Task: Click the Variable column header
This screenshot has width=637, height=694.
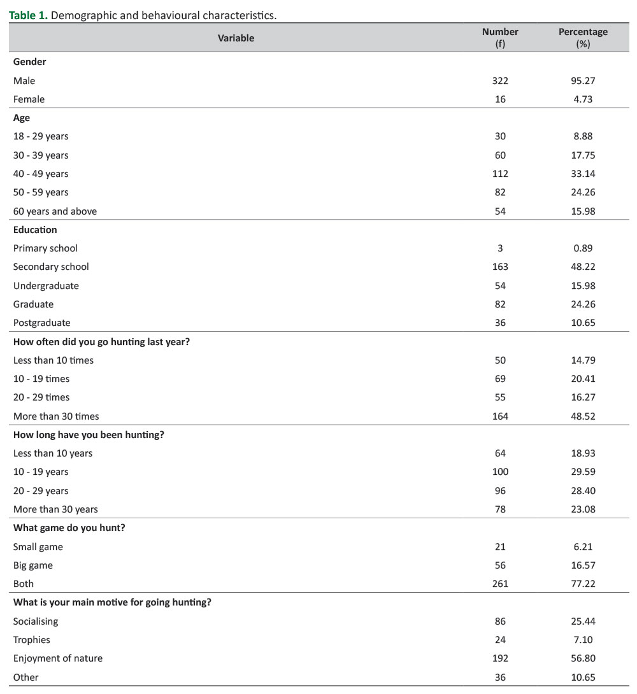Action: pyautogui.click(x=236, y=38)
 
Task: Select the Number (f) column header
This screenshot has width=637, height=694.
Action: pyautogui.click(x=500, y=38)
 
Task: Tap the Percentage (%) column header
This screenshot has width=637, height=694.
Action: pyautogui.click(x=583, y=38)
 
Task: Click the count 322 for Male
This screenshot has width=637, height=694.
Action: pyautogui.click(x=500, y=81)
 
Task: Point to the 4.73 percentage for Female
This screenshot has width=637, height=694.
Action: pyautogui.click(x=583, y=99)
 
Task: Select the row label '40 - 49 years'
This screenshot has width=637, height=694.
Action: pyautogui.click(x=41, y=174)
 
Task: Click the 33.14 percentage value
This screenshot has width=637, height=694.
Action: pyautogui.click(x=583, y=174)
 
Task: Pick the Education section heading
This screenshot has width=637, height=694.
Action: pyautogui.click(x=35, y=230)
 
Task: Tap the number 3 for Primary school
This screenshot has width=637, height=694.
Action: pyautogui.click(x=500, y=248)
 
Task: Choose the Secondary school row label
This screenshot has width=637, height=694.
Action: pyautogui.click(x=51, y=267)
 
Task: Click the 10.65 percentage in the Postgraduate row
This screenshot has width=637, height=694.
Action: pyautogui.click(x=583, y=323)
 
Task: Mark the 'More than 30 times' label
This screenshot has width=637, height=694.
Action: pyautogui.click(x=56, y=416)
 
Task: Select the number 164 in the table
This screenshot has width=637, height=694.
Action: pyautogui.click(x=500, y=416)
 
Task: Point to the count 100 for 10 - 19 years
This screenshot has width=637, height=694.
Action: pyautogui.click(x=500, y=472)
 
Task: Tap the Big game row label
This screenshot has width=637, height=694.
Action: pyautogui.click(x=33, y=565)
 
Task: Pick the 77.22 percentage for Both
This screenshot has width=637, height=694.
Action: pyautogui.click(x=583, y=584)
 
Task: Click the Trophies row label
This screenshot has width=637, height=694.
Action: pyautogui.click(x=32, y=640)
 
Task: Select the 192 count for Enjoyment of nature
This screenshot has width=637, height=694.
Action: pyautogui.click(x=500, y=658)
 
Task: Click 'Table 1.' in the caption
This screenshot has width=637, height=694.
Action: pyautogui.click(x=28, y=16)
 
